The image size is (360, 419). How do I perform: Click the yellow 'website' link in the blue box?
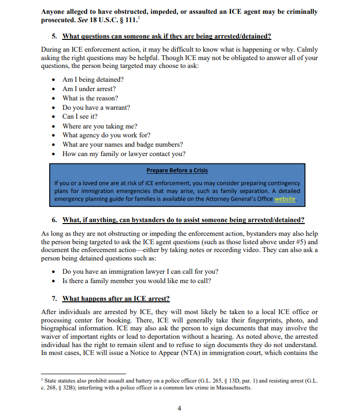coord(285,199)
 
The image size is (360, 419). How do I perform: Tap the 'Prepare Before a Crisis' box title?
coord(177,170)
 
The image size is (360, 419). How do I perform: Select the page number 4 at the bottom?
coord(179,408)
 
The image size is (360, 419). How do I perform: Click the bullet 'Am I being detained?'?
coord(93,79)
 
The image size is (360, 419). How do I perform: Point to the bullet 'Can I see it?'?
coord(80,117)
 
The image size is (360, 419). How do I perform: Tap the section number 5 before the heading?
coord(54,36)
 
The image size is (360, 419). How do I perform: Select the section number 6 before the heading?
coord(54,219)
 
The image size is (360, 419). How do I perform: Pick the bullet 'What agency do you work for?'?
coord(106,135)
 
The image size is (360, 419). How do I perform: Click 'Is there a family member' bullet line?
coord(136,281)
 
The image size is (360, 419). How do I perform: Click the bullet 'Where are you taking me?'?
coord(99,126)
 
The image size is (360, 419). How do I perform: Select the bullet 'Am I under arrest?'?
coord(89,89)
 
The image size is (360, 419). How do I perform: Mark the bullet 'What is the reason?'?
coord(90,98)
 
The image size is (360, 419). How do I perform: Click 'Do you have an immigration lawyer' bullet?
coord(140,272)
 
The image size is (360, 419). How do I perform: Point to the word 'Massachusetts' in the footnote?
coord(232,387)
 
